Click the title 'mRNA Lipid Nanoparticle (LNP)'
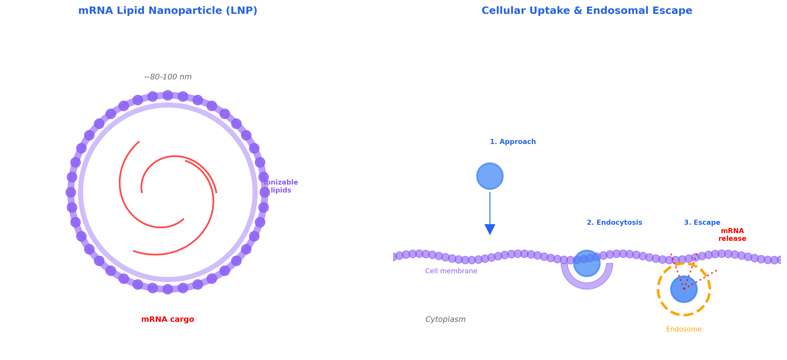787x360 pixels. click(x=168, y=11)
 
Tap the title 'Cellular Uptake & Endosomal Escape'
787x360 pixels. click(x=587, y=11)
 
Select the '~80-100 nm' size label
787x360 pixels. click(x=168, y=77)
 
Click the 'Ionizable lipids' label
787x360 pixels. click(x=281, y=186)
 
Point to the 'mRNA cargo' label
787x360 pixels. click(x=168, y=319)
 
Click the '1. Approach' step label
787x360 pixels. click(x=513, y=142)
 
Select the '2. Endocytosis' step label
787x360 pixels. click(x=614, y=223)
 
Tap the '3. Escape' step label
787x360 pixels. click(x=702, y=223)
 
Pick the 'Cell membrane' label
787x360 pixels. click(x=451, y=271)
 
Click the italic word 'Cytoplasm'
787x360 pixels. click(x=445, y=319)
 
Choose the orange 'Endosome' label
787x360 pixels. click(x=684, y=329)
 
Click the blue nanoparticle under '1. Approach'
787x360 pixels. click(x=490, y=176)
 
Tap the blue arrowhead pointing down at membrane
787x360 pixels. click(x=490, y=229)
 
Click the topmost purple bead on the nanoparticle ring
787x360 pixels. click(x=168, y=95)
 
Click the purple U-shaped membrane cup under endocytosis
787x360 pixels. click(x=587, y=286)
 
